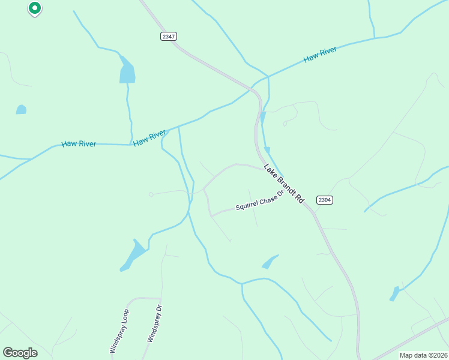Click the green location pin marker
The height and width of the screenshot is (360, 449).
pyautogui.click(x=35, y=8)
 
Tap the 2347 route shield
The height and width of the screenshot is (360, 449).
pyautogui.click(x=169, y=37)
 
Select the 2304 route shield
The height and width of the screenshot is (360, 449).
pyautogui.click(x=324, y=200)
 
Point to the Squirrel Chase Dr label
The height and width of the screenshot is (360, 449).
pyautogui.click(x=259, y=205)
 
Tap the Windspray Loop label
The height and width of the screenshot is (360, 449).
pyautogui.click(x=119, y=331)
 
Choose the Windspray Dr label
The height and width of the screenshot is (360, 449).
pyautogui.click(x=155, y=324)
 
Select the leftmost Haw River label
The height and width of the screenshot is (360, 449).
pyautogui.click(x=79, y=145)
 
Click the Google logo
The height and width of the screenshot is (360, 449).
pyautogui.click(x=20, y=353)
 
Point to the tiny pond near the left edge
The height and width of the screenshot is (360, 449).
pyautogui.click(x=21, y=109)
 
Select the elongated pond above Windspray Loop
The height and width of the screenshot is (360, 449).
pyautogui.click(x=133, y=256)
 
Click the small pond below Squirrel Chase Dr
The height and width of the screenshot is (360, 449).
pyautogui.click(x=270, y=262)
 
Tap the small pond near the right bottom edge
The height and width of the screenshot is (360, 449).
pyautogui.click(x=394, y=294)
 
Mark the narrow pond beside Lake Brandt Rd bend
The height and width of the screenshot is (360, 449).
pyautogui.click(x=263, y=118)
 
